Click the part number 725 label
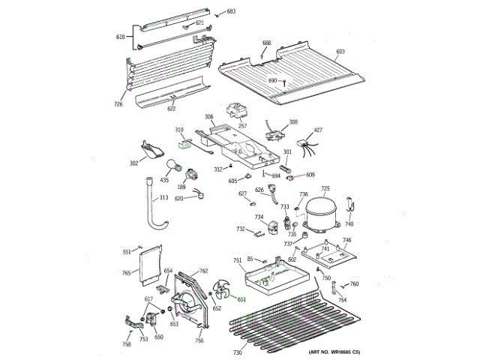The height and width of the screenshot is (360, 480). (325, 189)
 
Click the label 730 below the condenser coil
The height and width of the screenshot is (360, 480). (237, 352)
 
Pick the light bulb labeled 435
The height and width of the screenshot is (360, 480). (163, 181)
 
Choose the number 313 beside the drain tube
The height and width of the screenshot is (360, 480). (163, 199)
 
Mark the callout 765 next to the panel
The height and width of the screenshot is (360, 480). (127, 272)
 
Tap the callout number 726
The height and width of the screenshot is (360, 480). (118, 103)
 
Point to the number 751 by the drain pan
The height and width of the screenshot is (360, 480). (237, 260)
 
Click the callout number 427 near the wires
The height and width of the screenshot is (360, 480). (318, 130)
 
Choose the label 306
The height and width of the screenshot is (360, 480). (209, 116)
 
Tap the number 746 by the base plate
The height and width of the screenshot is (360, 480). (346, 241)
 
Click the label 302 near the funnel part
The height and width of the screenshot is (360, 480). (133, 163)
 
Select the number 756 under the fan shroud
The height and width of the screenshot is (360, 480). (199, 340)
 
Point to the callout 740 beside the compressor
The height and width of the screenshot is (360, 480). (349, 223)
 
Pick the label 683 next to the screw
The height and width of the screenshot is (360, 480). (230, 11)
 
